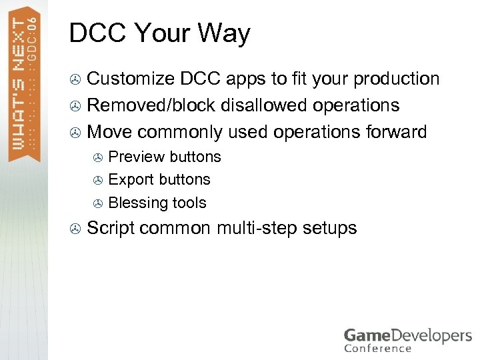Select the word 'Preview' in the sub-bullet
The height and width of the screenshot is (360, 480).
(136, 157)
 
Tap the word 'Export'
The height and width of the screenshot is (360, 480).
(131, 180)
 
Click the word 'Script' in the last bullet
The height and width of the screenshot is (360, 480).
(111, 228)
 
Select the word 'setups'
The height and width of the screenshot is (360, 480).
(330, 228)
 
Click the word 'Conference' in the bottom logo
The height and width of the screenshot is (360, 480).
(377, 347)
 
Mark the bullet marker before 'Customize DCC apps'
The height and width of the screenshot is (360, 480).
(76, 80)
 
